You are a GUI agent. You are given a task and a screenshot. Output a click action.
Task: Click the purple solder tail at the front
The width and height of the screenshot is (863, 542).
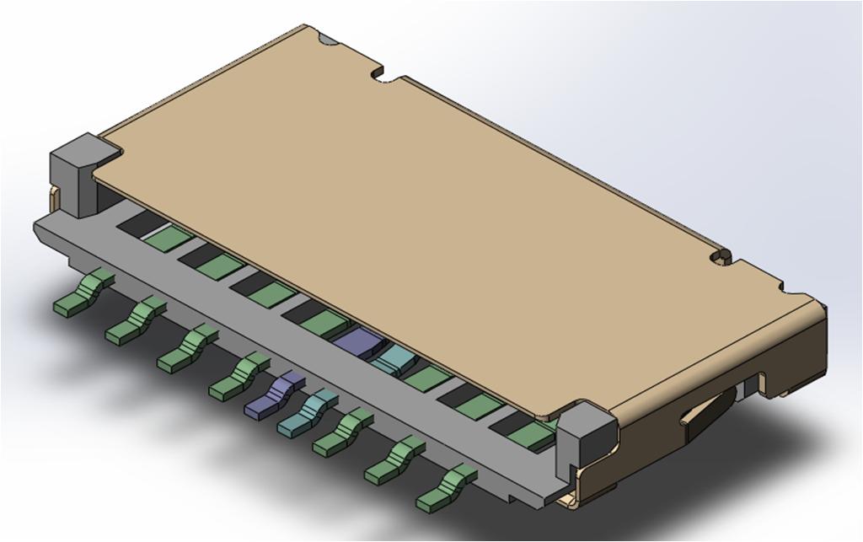tap(271, 396)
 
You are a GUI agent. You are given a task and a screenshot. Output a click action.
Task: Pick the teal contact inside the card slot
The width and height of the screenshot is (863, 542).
tap(393, 361)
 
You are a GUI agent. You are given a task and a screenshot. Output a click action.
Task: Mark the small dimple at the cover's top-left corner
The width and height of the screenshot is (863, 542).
tap(327, 38)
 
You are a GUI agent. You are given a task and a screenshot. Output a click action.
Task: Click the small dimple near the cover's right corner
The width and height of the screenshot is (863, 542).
tap(720, 255)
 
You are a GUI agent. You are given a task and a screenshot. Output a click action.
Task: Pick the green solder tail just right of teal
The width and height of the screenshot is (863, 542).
tap(341, 432)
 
